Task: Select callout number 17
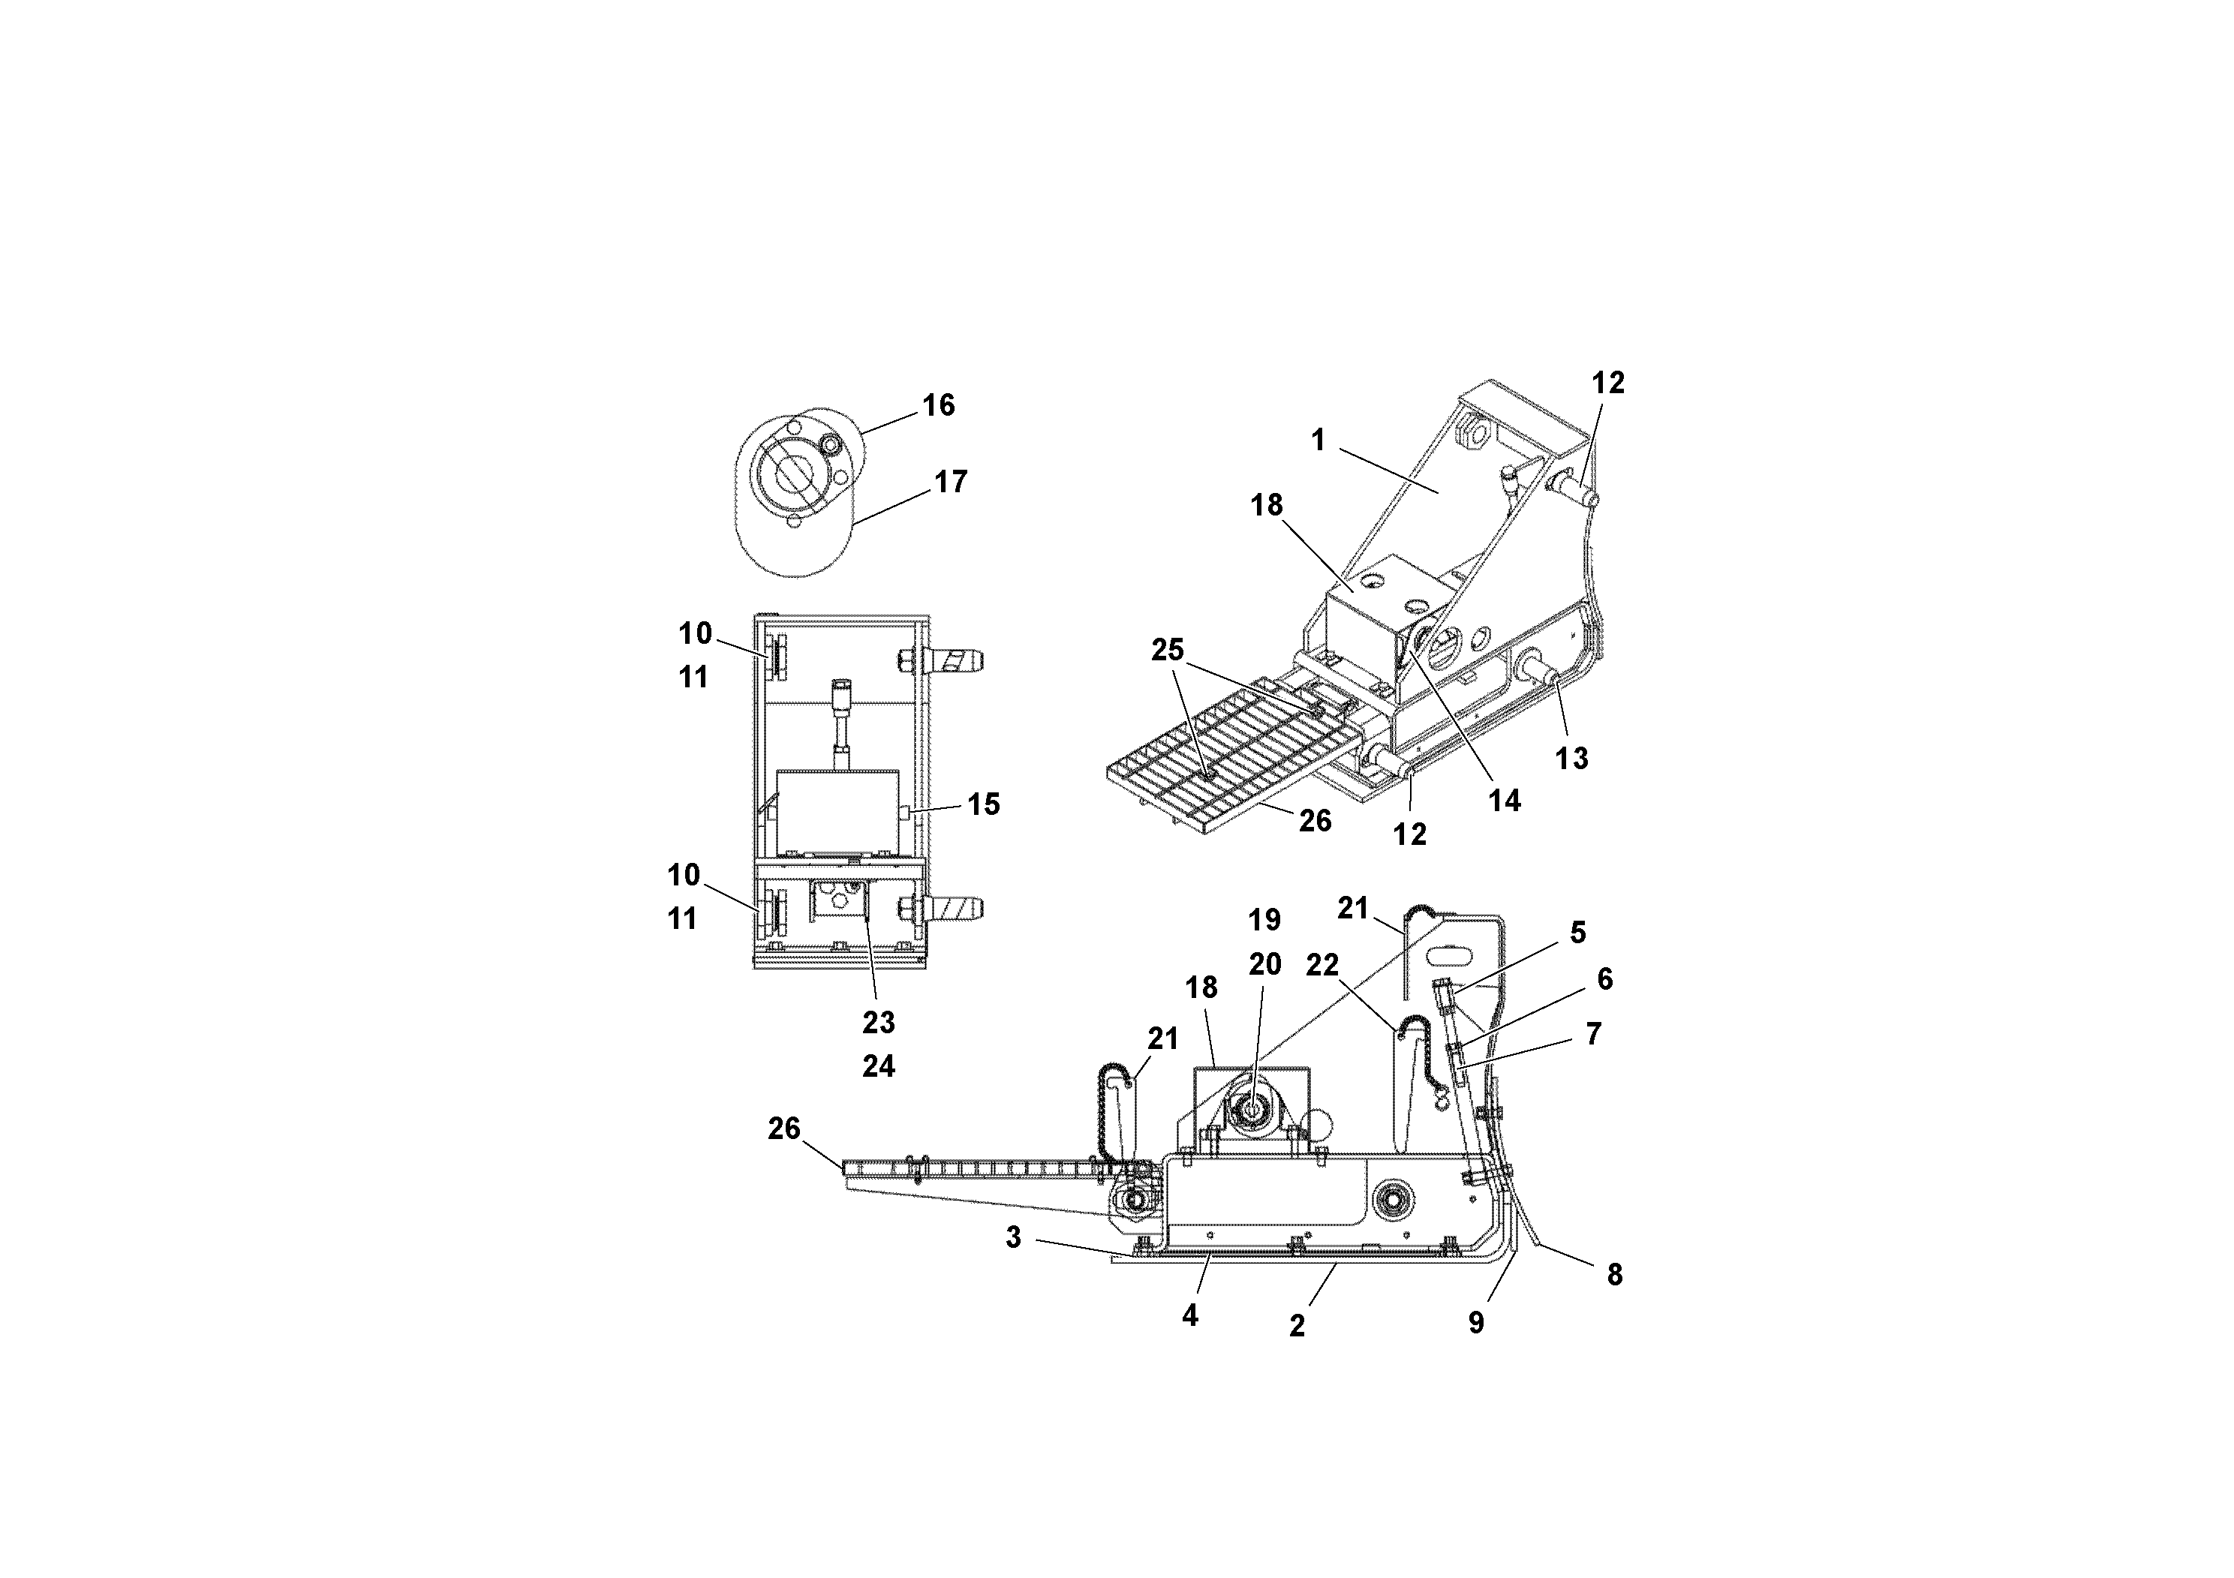click(951, 482)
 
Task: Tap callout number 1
click(1318, 440)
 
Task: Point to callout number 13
click(1571, 759)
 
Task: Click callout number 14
click(1505, 801)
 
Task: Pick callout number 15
click(983, 804)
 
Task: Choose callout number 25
click(1168, 650)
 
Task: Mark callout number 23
click(879, 1023)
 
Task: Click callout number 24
click(879, 1067)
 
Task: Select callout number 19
click(1265, 921)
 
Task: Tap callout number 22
click(1322, 965)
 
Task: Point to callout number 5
click(1578, 933)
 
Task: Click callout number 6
click(1605, 980)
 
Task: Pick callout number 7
click(1594, 1034)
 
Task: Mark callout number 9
click(1476, 1323)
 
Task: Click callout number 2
click(1297, 1327)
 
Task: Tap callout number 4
click(1190, 1316)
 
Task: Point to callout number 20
click(1265, 965)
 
